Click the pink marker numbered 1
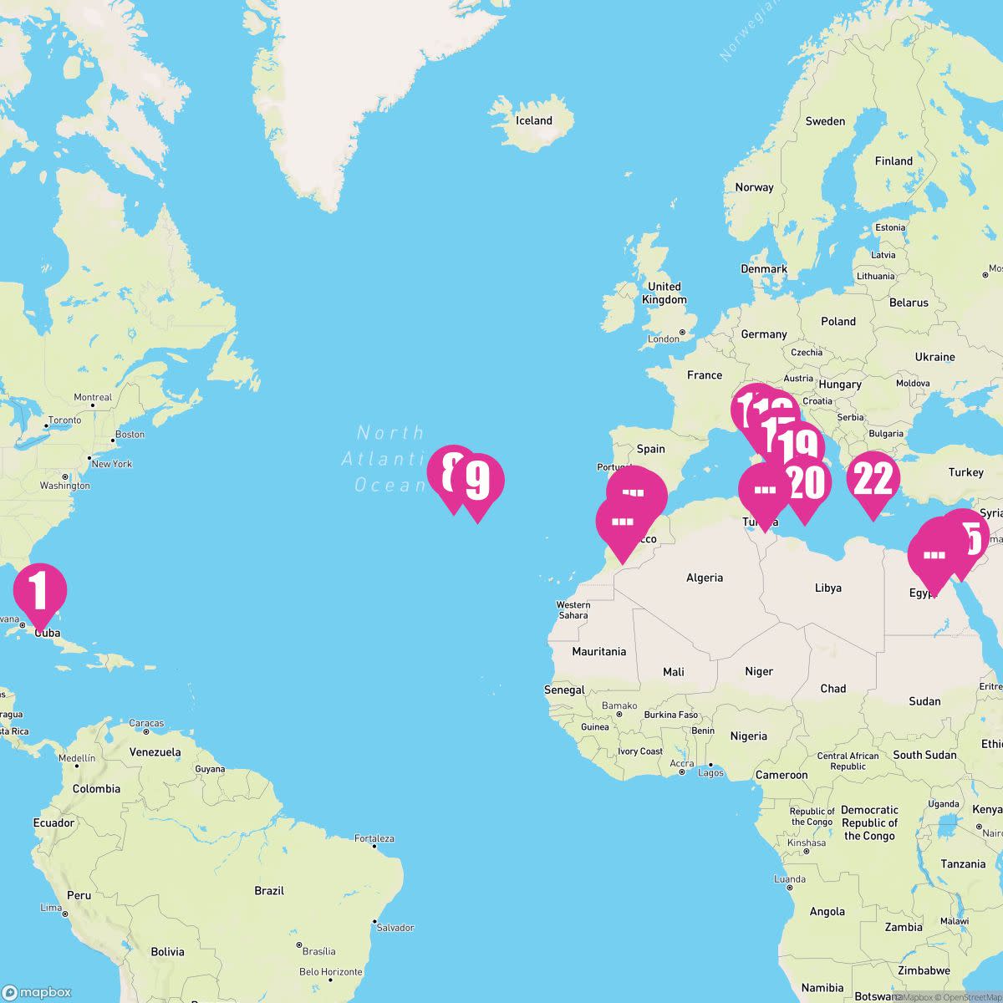[39, 590]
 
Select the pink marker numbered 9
[477, 481]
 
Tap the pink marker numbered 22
[873, 479]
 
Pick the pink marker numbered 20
[805, 483]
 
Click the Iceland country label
[534, 120]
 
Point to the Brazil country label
[269, 891]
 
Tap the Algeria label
[705, 578]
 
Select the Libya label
[827, 588]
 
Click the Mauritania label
[598, 651]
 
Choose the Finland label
[894, 160]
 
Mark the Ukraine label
[934, 357]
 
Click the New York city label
[111, 464]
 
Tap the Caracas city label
[145, 723]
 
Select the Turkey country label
[965, 472]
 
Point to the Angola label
[827, 911]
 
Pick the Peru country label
[79, 895]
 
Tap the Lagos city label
[710, 772]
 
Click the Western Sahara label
[573, 610]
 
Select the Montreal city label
[93, 397]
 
